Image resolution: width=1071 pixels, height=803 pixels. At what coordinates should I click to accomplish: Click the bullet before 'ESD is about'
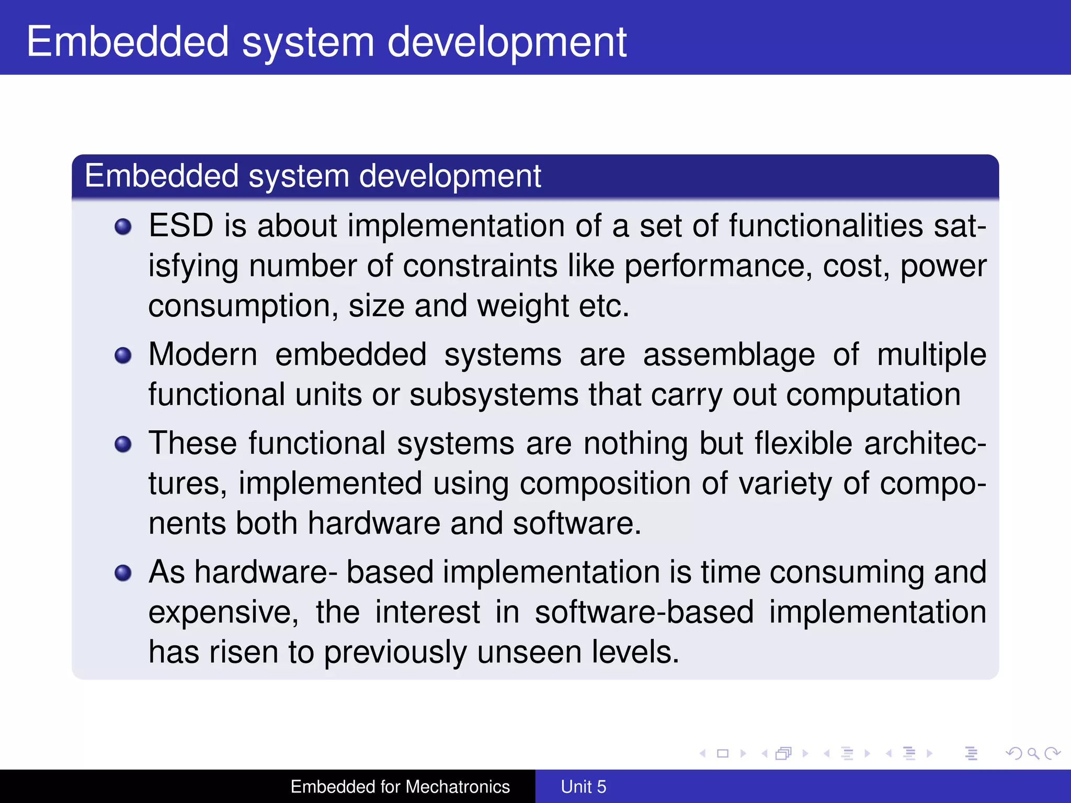[x=123, y=227]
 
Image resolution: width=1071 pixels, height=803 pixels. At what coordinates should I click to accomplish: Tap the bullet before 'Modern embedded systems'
[x=123, y=355]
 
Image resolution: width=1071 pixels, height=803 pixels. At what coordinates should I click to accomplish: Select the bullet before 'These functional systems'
[x=123, y=444]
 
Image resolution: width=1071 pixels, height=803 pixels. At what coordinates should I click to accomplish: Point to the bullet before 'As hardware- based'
[x=123, y=573]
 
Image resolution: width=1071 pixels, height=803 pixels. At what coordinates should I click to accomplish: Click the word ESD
[x=181, y=226]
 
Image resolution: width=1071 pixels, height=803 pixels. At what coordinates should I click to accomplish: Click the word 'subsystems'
[x=494, y=395]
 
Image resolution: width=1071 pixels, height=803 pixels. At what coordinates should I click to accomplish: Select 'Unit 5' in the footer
[x=583, y=787]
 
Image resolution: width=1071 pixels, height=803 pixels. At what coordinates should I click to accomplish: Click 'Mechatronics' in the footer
[x=458, y=787]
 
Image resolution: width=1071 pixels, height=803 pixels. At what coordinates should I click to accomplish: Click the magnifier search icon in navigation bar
[x=1033, y=753]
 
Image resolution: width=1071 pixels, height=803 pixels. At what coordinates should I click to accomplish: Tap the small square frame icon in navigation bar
[x=723, y=753]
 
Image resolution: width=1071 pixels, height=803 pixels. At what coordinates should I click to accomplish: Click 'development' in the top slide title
[x=506, y=43]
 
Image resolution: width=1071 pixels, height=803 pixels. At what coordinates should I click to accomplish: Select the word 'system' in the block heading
[x=299, y=176]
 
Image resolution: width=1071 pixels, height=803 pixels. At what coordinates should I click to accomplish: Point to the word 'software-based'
[x=644, y=613]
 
